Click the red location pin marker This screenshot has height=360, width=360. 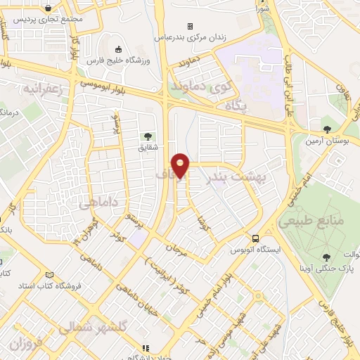coord(181,166)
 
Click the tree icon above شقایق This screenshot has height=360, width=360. coord(148,136)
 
